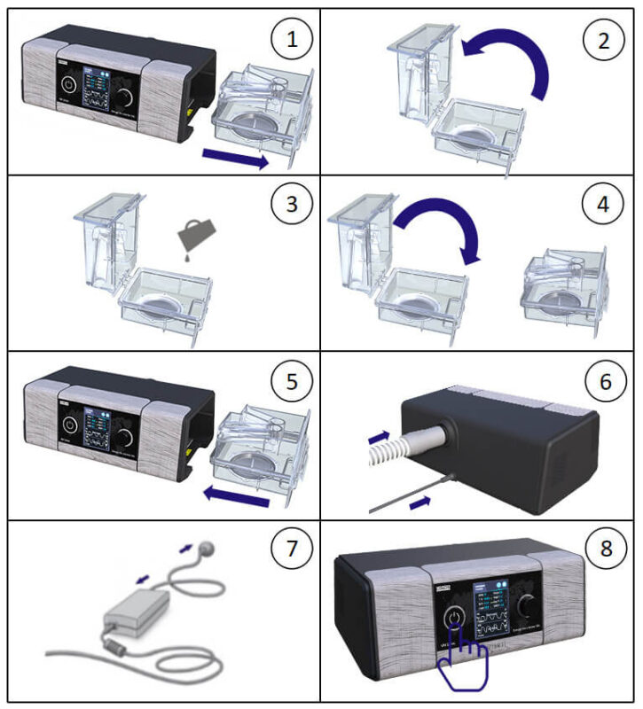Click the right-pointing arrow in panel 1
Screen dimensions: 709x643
pyautogui.click(x=235, y=159)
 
